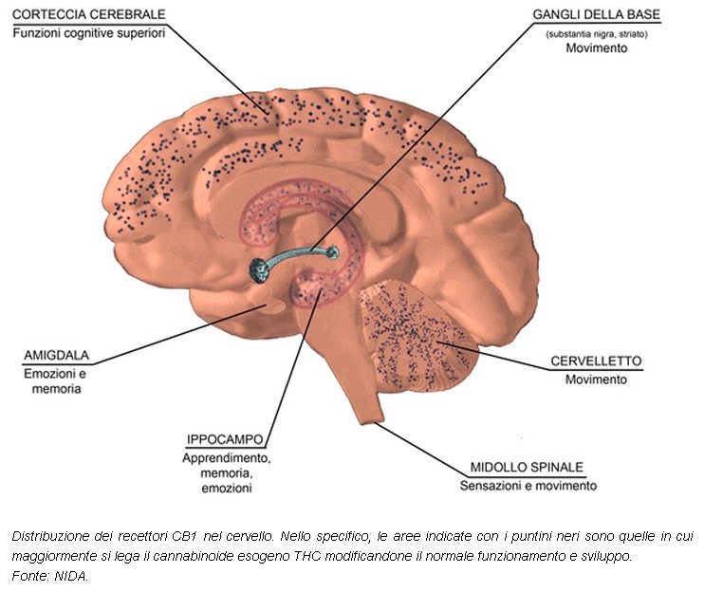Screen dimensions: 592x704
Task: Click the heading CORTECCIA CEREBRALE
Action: click(90, 14)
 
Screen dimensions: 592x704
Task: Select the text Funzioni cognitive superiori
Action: click(90, 33)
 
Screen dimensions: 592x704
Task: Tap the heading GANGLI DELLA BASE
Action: click(597, 15)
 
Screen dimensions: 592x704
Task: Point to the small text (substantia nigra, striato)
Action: click(597, 33)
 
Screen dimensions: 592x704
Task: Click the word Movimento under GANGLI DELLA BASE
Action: click(597, 47)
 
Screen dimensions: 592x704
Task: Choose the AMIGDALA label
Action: click(56, 357)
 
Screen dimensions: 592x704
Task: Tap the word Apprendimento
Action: click(226, 458)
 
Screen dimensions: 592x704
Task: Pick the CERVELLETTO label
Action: click(596, 361)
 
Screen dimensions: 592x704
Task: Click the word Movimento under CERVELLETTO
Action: click(596, 379)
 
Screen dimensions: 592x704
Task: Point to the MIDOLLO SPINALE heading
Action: click(527, 468)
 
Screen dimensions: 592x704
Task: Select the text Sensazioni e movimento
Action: click(528, 486)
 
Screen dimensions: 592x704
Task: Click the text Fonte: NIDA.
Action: click(49, 575)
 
